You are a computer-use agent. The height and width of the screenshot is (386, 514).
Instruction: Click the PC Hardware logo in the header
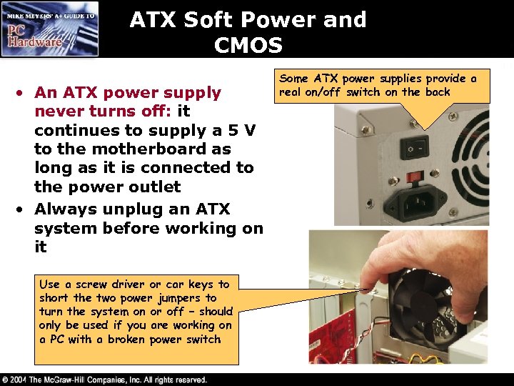click(x=50, y=29)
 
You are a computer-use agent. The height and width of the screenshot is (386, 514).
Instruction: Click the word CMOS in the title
click(x=248, y=46)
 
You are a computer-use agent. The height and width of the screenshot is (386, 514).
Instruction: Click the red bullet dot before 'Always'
click(x=24, y=209)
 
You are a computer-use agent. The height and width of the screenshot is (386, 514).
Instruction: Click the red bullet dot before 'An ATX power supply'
click(x=24, y=93)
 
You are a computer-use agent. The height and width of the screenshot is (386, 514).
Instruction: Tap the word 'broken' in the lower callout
click(x=124, y=340)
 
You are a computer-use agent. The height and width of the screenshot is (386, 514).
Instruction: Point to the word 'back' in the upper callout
click(x=437, y=92)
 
